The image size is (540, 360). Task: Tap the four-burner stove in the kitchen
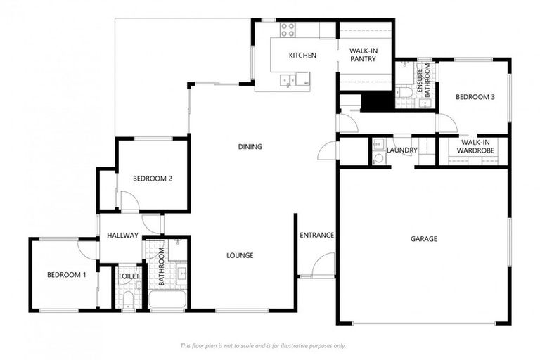click(x=288, y=30)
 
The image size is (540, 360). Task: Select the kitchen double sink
click(x=287, y=80)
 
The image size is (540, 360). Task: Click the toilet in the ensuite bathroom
click(x=404, y=93)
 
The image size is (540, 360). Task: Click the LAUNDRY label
click(x=402, y=150)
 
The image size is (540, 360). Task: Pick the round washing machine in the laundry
click(x=378, y=158)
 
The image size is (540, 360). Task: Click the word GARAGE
click(x=423, y=239)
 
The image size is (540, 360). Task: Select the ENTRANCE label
click(x=316, y=235)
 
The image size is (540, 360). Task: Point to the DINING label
click(x=250, y=147)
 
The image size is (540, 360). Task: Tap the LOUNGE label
click(x=240, y=255)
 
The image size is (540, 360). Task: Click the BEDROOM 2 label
click(x=153, y=179)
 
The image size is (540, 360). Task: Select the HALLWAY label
click(x=122, y=236)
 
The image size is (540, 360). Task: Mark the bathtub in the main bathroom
click(x=167, y=300)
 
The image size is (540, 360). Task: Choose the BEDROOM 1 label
click(x=66, y=275)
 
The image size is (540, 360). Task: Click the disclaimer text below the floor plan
click(x=262, y=345)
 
